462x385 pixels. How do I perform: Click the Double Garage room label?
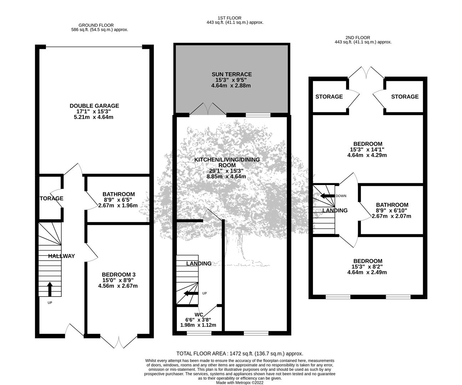(94, 106)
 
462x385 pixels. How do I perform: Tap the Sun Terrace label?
(232, 75)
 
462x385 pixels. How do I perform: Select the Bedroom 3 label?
(119, 274)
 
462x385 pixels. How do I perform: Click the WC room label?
(199, 315)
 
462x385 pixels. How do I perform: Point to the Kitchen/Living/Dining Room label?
(227, 163)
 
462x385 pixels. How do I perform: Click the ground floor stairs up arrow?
(50, 289)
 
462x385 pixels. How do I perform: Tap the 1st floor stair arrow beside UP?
(191, 293)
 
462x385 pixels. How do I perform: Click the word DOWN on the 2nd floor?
(341, 196)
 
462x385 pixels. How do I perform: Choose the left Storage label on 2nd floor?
(329, 97)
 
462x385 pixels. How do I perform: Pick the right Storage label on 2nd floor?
(405, 97)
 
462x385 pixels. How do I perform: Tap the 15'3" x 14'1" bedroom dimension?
(367, 149)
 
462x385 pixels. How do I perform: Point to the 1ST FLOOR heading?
(230, 18)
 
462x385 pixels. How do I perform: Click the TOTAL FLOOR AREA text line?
(240, 353)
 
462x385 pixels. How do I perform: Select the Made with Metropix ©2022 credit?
(240, 383)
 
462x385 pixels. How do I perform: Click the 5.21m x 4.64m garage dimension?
(94, 117)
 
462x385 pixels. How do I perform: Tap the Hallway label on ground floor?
(62, 256)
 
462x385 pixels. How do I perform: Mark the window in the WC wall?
(199, 333)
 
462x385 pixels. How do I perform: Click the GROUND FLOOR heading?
(96, 25)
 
